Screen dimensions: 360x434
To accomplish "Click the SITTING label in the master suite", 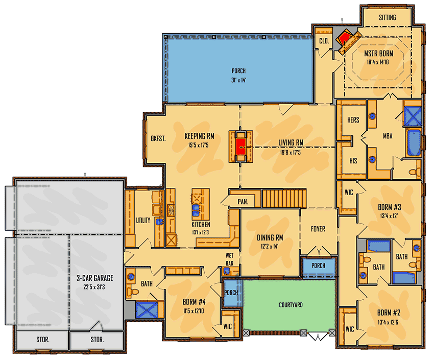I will tap(388, 17).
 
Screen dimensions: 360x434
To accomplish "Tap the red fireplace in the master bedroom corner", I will tap(346, 39).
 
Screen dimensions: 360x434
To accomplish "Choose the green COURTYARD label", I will tap(291, 305).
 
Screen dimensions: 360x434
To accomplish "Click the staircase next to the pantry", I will tap(284, 198).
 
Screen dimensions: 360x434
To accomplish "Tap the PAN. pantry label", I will tap(243, 202).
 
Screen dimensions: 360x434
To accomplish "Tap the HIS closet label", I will tap(353, 160).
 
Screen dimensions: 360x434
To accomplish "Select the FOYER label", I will tap(318, 229).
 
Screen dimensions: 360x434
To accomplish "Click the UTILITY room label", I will tap(143, 221).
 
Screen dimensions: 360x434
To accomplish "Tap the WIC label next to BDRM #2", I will tap(350, 329).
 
